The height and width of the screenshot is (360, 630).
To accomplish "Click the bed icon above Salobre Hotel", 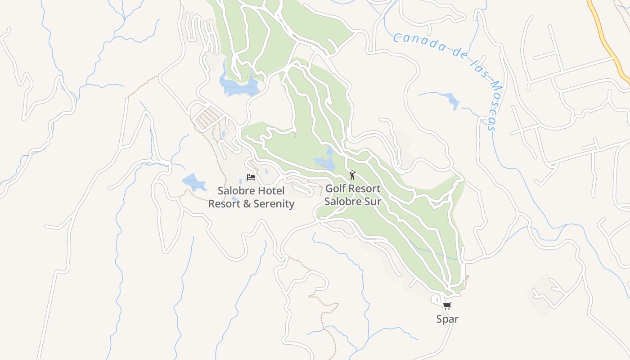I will click(x=251, y=177).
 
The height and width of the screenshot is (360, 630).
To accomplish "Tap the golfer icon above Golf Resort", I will click(x=352, y=175).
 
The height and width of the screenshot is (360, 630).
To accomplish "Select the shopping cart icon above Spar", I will click(x=447, y=306).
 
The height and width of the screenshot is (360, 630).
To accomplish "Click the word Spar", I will click(x=447, y=319).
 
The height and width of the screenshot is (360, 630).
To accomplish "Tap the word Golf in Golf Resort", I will click(x=335, y=189).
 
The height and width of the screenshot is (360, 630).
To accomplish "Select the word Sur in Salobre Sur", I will click(x=372, y=201).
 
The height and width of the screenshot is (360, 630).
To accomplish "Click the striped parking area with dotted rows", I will click(x=208, y=117).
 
